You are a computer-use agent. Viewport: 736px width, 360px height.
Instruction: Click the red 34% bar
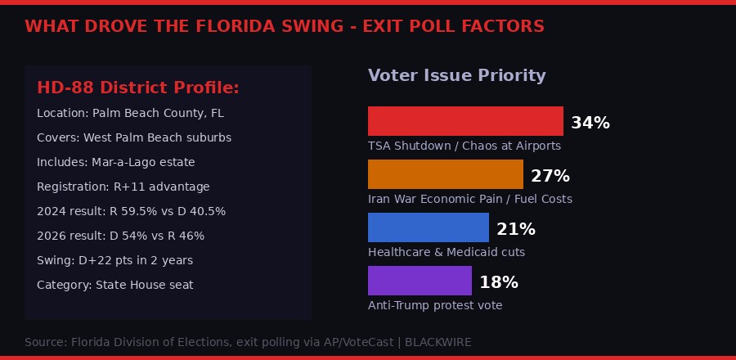coord(465,121)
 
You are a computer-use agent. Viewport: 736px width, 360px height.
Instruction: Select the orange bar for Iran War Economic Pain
coord(446,174)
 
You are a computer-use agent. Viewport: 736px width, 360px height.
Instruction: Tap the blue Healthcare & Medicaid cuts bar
coord(429,227)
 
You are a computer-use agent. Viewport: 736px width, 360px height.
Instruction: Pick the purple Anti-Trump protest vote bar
coord(420,281)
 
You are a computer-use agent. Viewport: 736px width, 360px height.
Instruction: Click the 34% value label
coord(590,124)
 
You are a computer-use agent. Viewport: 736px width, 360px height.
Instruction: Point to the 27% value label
coord(550,177)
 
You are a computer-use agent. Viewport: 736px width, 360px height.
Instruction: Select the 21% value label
coord(516,230)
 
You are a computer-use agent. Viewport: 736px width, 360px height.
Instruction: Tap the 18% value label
coord(499,283)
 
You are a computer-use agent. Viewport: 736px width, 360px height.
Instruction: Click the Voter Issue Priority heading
coord(456,76)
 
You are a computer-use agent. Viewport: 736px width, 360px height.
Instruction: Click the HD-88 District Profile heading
coord(138,88)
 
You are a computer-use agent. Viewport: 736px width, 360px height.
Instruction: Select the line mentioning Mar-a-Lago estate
coord(116,162)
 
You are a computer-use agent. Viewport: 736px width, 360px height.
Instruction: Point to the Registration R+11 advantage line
coord(123,187)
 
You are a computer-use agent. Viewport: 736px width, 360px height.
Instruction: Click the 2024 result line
coord(131,211)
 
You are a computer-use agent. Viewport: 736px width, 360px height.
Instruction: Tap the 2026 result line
coord(120,236)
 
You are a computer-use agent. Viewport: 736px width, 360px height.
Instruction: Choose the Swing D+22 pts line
coord(114,260)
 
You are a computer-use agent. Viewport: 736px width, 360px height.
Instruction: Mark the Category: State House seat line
coord(115,285)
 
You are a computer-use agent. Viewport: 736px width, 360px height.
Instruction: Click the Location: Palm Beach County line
coord(130,113)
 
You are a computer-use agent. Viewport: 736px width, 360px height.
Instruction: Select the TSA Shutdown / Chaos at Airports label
coord(464,146)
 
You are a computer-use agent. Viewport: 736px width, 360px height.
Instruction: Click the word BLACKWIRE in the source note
coord(438,342)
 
